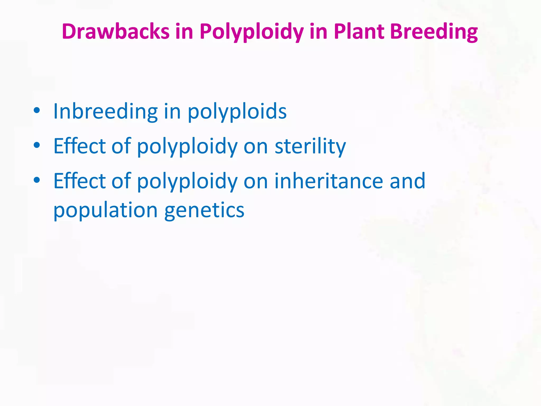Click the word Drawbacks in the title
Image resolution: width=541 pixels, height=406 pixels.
115,31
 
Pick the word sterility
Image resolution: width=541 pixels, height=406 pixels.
310,146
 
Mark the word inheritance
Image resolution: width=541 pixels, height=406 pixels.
329,181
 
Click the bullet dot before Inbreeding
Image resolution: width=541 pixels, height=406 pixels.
37,110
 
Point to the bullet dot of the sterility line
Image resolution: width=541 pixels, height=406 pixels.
37,145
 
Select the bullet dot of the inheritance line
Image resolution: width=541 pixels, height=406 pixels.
37,180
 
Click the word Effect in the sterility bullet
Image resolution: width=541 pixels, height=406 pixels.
80,146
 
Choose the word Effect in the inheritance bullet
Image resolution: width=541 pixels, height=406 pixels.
80,181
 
